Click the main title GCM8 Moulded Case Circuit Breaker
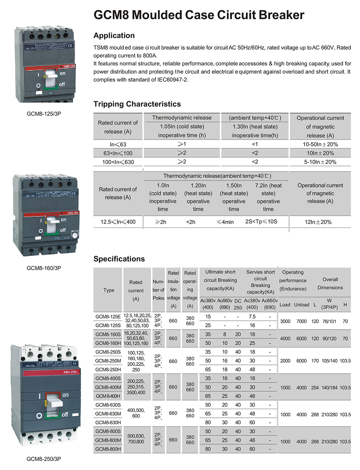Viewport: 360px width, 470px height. (x=199, y=15)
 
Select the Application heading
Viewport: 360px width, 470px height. (x=114, y=36)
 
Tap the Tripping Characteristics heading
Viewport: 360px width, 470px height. (x=137, y=104)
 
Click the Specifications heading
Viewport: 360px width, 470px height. (x=119, y=259)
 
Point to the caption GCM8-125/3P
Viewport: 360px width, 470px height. (x=44, y=114)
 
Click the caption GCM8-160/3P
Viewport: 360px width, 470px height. (x=44, y=268)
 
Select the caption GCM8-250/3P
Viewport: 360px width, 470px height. (x=44, y=459)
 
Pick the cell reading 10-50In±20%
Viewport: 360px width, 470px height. (x=320, y=144)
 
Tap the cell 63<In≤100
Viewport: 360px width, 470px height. (x=118, y=153)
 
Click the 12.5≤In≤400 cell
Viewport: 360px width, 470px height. (x=118, y=222)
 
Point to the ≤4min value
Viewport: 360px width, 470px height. (x=225, y=222)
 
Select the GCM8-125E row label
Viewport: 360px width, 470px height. (x=108, y=317)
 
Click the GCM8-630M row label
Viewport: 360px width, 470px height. (x=108, y=414)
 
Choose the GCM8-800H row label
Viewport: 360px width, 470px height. (x=108, y=449)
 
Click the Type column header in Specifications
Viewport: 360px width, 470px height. (x=109, y=290)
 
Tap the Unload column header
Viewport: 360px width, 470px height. (x=302, y=305)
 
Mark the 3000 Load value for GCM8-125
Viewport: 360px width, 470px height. (x=285, y=321)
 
